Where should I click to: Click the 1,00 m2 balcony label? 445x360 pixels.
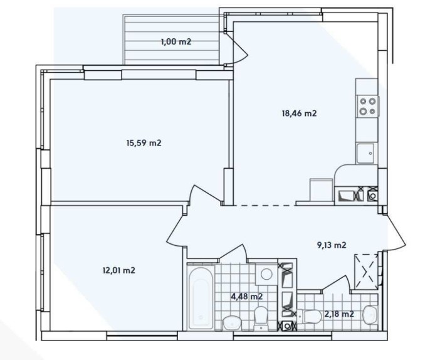[x=175, y=42]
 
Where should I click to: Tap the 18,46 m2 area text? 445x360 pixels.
[x=298, y=114]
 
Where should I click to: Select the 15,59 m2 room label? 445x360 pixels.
[x=144, y=143]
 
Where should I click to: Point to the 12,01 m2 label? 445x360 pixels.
[x=118, y=270]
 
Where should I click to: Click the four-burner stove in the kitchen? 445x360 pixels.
[x=367, y=106]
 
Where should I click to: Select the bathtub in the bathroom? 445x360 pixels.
[x=201, y=297]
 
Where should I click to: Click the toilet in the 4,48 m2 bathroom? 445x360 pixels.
[x=261, y=317]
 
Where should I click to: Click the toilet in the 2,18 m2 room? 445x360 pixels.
[x=370, y=314]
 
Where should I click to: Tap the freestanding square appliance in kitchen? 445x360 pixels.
[x=321, y=190]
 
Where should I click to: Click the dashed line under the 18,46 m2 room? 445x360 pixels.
[x=263, y=204]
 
